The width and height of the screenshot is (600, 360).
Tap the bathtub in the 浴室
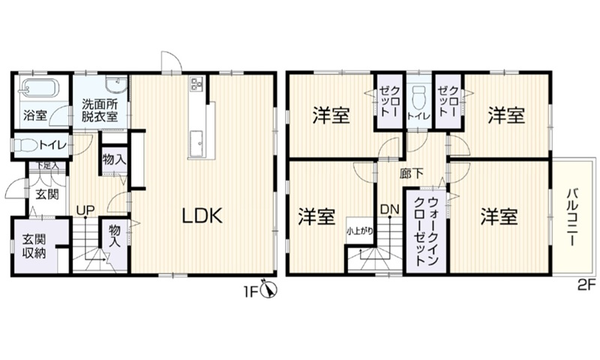click(x=37, y=88)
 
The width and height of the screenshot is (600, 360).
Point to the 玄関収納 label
click(x=33, y=247)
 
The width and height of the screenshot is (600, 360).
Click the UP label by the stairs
click(x=84, y=211)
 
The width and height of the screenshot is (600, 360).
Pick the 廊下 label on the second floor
click(x=411, y=172)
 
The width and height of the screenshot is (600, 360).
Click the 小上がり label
click(x=358, y=231)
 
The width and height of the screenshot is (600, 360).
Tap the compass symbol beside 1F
click(x=269, y=290)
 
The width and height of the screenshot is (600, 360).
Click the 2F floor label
click(x=586, y=285)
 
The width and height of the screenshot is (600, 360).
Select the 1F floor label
click(x=250, y=289)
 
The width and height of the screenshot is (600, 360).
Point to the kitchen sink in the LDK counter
click(x=196, y=139)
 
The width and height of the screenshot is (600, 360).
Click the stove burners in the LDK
click(x=197, y=83)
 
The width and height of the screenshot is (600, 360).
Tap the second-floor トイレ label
click(x=418, y=116)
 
